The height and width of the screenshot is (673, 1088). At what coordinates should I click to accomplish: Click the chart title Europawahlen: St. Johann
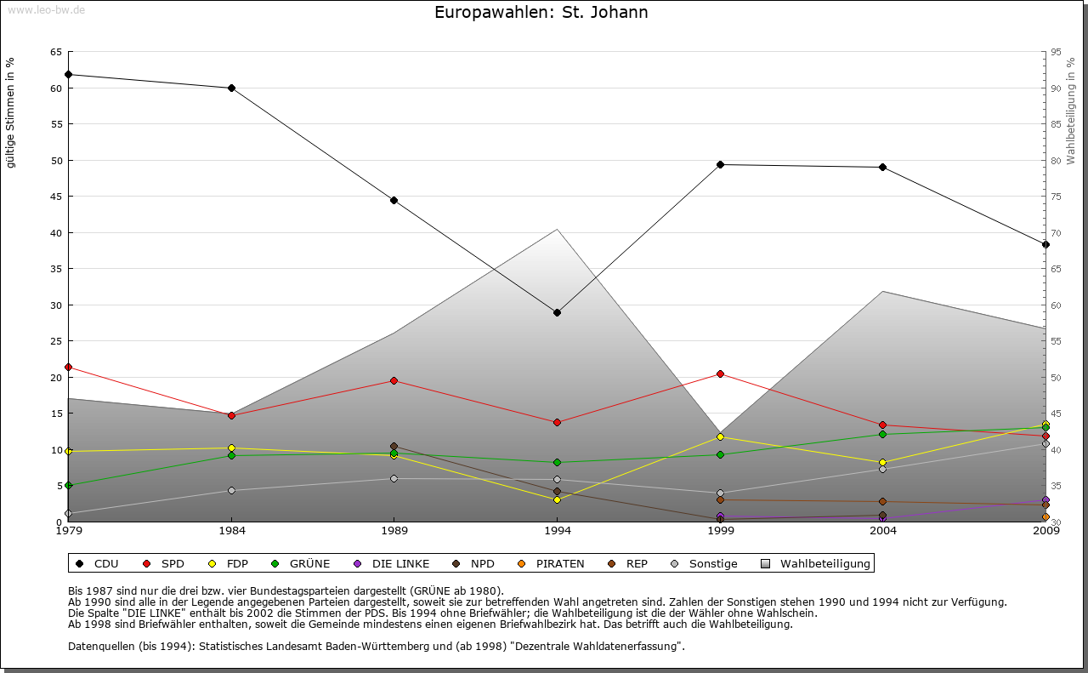(x=541, y=12)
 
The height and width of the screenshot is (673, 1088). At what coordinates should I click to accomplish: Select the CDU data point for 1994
(x=557, y=312)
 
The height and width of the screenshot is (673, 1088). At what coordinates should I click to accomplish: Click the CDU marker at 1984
(x=231, y=88)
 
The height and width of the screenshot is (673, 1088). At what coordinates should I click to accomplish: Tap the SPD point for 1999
(x=720, y=374)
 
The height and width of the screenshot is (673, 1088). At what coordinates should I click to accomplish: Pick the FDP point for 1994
(x=557, y=499)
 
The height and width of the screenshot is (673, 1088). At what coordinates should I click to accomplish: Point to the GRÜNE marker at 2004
(x=883, y=434)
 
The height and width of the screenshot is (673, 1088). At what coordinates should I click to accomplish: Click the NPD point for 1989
(x=394, y=446)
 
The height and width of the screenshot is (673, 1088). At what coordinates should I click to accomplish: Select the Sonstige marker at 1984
(x=231, y=490)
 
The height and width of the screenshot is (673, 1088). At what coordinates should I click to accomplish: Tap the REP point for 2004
(x=883, y=501)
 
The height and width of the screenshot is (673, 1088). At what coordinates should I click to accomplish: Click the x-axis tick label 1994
(x=558, y=532)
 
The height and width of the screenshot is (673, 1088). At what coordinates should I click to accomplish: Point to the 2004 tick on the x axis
(x=884, y=532)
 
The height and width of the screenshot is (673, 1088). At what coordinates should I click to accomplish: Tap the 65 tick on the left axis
(x=56, y=52)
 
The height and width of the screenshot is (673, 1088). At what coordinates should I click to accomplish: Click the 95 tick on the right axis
(x=1055, y=52)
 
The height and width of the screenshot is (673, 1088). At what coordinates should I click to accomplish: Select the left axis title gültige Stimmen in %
(x=11, y=112)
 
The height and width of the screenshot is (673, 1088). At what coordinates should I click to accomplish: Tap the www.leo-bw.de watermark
(x=45, y=10)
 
